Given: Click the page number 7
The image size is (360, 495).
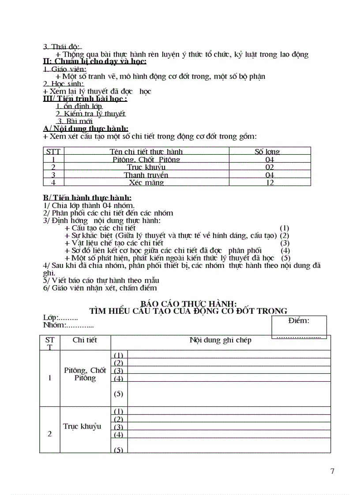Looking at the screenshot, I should (332, 471).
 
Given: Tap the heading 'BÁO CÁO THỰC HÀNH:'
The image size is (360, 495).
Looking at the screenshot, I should (188, 304).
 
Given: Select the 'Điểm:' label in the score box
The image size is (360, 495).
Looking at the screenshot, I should (299, 320).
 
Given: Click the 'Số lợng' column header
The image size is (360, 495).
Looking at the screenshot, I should (267, 152).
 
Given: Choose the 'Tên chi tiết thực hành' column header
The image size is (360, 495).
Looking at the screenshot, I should (146, 152).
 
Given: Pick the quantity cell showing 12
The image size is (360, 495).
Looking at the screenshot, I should (270, 182).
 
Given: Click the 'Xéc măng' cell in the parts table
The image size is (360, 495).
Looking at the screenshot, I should (146, 182).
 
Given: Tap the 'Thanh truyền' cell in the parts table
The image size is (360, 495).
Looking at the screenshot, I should (146, 175).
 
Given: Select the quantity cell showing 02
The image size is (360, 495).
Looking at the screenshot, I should (270, 167).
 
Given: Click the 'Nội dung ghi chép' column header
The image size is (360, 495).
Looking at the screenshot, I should (220, 340).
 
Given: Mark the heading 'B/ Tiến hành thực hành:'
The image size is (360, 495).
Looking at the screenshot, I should (87, 198).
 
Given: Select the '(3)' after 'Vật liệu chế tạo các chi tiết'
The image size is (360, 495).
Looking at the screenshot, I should (285, 243).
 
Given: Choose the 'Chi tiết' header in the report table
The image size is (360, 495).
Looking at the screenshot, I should (85, 340).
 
